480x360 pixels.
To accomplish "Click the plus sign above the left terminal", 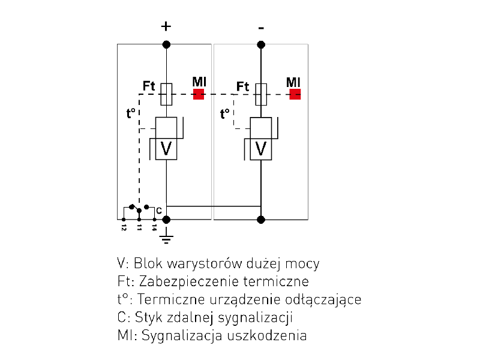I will pos(166,26).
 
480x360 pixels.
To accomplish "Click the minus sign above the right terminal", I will pos(260,28).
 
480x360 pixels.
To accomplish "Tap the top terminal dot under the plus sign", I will pos(166,44).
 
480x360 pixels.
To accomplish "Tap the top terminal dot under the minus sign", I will pos(260,44).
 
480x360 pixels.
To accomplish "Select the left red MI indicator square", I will pos(199,94).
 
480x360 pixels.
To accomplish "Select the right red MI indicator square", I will pos(295,94).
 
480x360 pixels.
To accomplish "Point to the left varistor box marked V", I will pos(166,148).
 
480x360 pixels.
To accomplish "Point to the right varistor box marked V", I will pos(261,148).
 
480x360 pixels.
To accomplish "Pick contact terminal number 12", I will pos(124,220).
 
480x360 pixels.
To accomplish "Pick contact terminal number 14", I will pos(154,220).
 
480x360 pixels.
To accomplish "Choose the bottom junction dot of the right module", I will pos(260,220).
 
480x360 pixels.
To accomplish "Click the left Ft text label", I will pos(149,86).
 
